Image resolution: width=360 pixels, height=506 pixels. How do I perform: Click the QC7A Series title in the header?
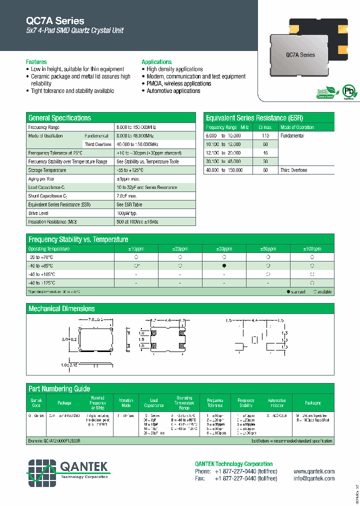55,21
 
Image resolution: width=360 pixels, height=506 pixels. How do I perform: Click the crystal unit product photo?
301,52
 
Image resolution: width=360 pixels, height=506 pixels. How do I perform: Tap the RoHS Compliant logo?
325,93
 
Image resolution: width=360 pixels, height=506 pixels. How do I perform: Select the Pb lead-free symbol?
348,92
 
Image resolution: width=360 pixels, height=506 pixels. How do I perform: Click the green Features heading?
36,62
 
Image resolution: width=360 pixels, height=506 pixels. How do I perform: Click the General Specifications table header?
60,118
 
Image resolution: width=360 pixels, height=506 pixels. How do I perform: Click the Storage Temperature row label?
47,170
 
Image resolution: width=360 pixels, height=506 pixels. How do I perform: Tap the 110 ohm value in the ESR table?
265,136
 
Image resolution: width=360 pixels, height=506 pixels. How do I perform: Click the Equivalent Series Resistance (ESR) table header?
254,118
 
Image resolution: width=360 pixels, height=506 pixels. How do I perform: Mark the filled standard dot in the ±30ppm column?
224,266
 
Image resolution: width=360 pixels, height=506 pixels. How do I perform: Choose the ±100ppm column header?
312,248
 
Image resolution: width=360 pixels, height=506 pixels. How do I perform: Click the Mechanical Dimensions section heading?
61,308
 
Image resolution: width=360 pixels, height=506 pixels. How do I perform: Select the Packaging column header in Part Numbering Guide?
313,402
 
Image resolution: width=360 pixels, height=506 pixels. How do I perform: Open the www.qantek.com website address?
314,471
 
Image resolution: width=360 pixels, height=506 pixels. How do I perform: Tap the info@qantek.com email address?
314,478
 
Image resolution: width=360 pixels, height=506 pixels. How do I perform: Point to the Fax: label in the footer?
200,478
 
